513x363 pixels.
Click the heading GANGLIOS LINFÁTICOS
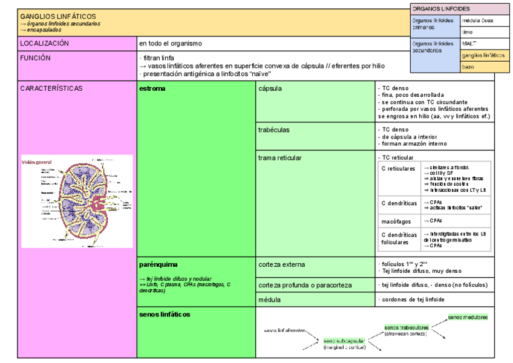tap(58, 16)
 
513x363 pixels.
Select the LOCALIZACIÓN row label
tap(45, 44)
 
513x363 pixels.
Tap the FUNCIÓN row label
tap(36, 58)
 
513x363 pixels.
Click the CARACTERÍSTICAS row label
tap(51, 88)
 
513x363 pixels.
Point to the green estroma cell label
tap(152, 88)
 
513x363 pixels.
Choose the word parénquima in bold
tap(158, 264)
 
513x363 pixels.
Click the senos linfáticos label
tap(165, 314)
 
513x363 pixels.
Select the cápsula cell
tap(270, 88)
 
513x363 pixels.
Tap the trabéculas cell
tap(273, 129)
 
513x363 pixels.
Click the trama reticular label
tap(280, 158)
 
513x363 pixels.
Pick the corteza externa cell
tap(281, 264)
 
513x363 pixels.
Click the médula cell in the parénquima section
tap(269, 299)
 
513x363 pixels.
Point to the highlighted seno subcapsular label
tap(344, 341)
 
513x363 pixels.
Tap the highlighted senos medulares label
tap(468, 316)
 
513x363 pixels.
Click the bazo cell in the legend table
tap(468, 67)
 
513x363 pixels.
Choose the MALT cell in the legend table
tap(469, 43)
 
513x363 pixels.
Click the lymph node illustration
tap(77, 201)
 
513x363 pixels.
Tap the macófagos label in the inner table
tap(397, 221)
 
